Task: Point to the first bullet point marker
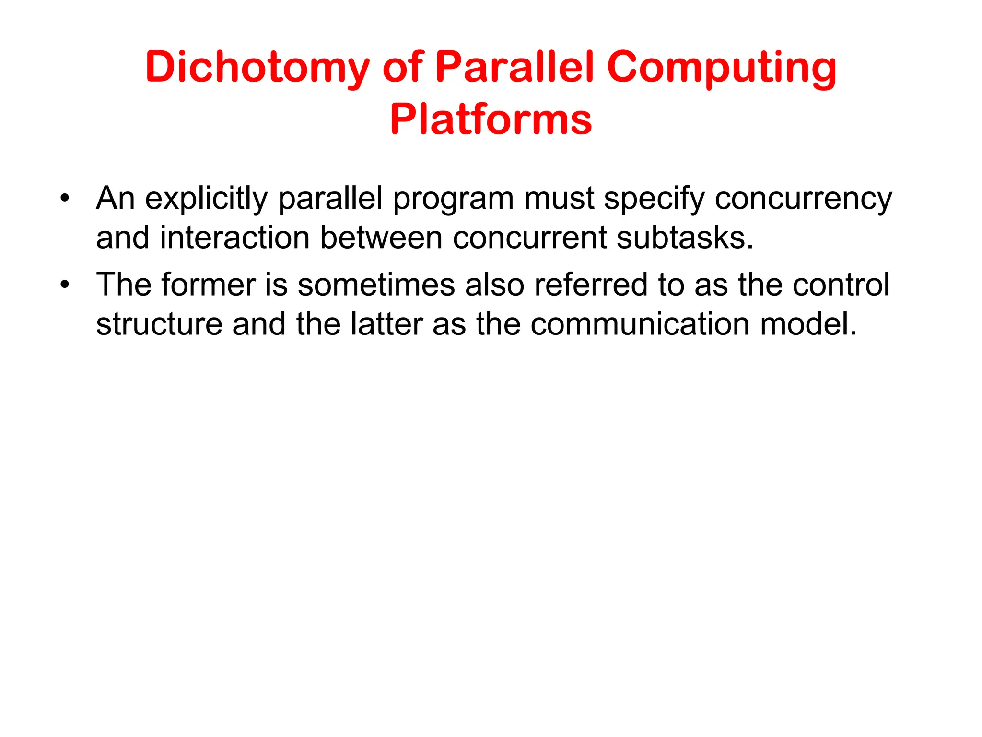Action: (65, 198)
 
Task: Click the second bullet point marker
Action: (65, 285)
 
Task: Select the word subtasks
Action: (685, 238)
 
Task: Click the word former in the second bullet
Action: (208, 285)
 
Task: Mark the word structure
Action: (159, 324)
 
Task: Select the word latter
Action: (386, 324)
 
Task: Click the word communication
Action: (640, 324)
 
